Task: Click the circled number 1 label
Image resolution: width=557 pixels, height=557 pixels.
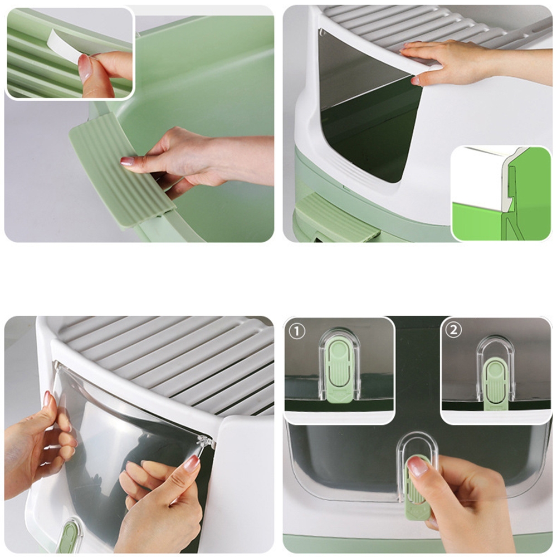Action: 297,332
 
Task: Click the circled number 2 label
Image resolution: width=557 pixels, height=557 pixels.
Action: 453,330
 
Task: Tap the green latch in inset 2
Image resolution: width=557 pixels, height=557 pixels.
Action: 496,384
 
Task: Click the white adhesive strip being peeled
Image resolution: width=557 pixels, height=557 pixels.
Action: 65,46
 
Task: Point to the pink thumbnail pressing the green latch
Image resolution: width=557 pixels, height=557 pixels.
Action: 418,466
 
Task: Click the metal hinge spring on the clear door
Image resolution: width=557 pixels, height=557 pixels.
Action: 207,443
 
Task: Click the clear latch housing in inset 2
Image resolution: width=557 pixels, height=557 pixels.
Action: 496,369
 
